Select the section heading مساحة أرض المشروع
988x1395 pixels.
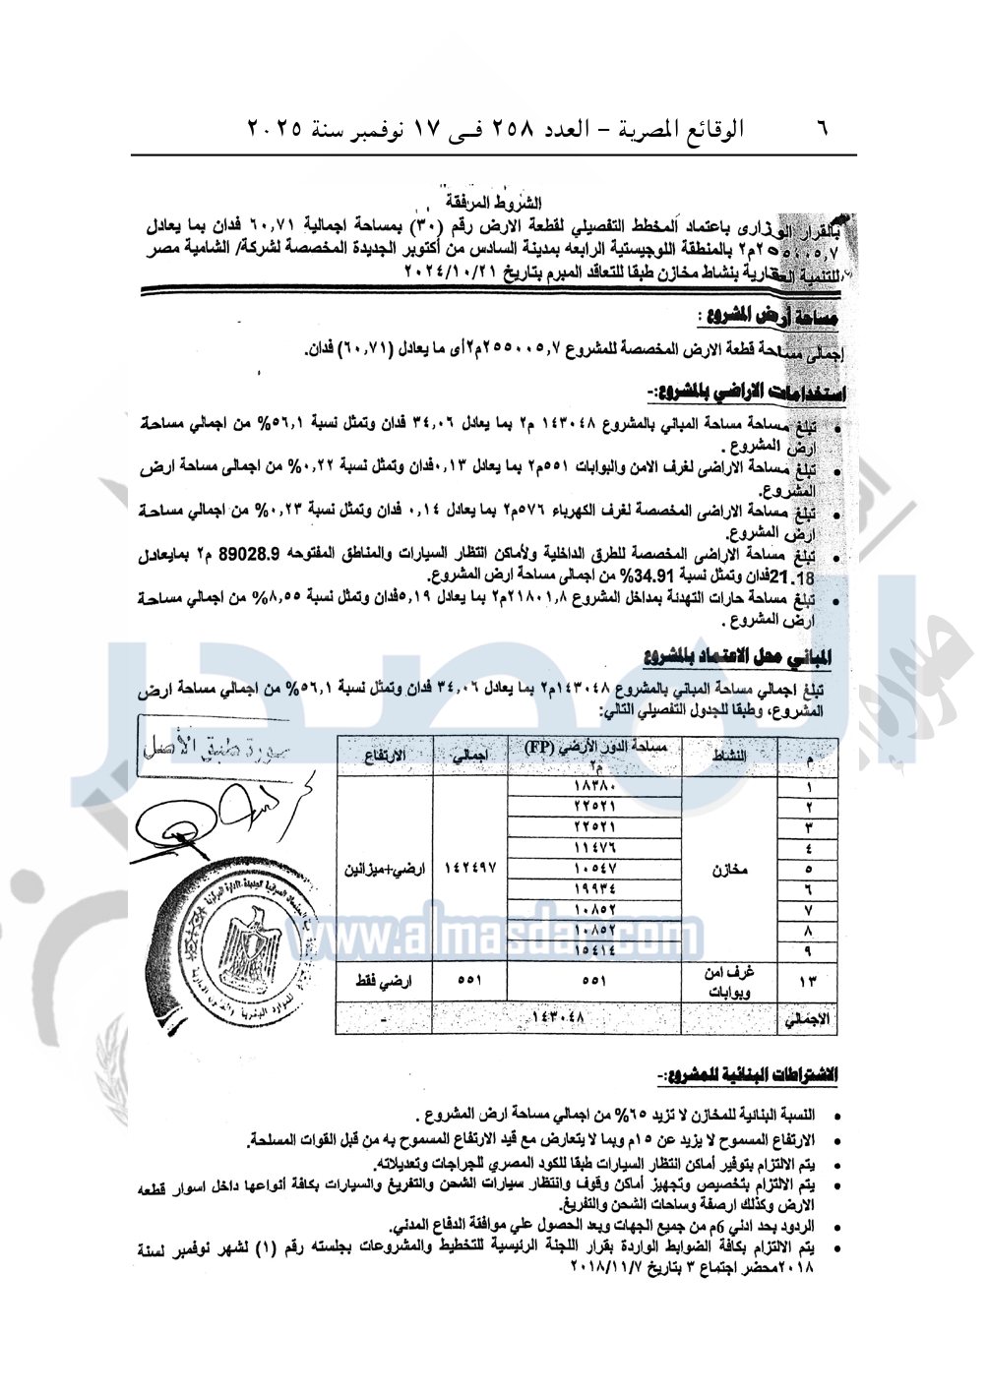[768, 317]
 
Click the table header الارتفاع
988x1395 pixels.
[384, 756]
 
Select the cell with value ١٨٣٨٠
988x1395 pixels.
[594, 787]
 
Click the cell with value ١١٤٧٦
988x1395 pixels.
[594, 848]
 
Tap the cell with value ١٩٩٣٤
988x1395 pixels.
[594, 889]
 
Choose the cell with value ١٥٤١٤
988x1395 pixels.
[594, 950]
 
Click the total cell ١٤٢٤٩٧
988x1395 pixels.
[470, 870]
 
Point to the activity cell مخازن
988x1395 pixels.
[729, 870]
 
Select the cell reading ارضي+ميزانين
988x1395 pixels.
[385, 870]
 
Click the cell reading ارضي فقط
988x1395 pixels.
[385, 981]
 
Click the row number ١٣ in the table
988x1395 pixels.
[808, 981]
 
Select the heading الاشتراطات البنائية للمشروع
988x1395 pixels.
[747, 1074]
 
